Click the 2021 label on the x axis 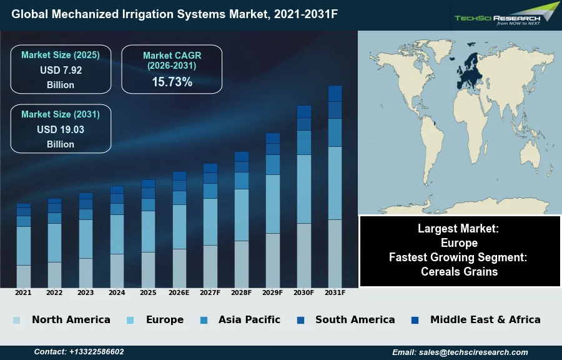(x=23, y=292)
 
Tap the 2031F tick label (x=335, y=292)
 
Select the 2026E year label (x=179, y=292)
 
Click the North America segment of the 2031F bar (x=335, y=253)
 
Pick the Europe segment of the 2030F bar (x=304, y=189)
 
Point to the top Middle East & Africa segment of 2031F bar (x=335, y=93)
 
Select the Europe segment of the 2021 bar (x=23, y=246)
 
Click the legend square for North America (x=16, y=320)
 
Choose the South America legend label (x=355, y=319)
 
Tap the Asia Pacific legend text (x=249, y=319)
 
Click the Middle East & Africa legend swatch (x=415, y=320)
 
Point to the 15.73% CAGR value (x=172, y=82)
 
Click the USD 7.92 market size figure (x=61, y=70)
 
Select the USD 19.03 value (x=61, y=129)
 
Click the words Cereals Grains (x=459, y=271)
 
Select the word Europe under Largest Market (x=459, y=242)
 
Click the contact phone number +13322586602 (x=96, y=352)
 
